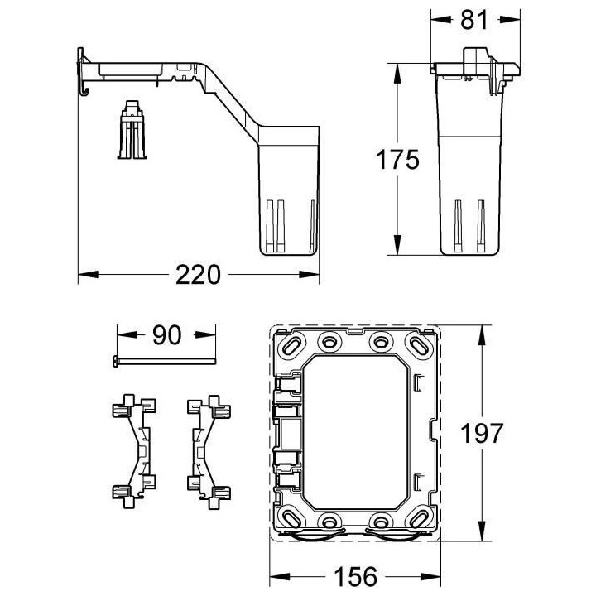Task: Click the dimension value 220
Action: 198,275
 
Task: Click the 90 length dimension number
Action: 166,335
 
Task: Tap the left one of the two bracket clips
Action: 132,449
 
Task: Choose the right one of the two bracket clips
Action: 207,449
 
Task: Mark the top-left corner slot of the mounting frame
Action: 294,344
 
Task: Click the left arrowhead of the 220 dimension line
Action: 84,275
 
